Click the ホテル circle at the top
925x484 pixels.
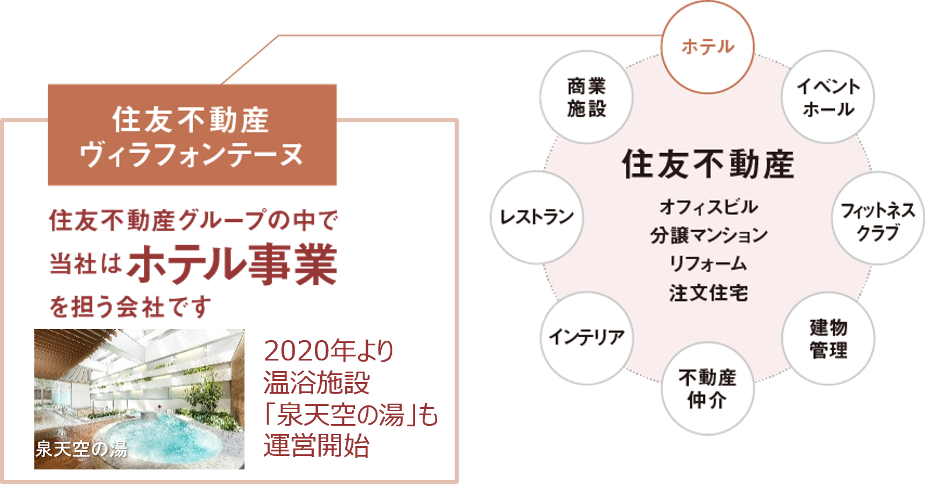click(707, 47)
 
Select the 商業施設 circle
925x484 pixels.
click(586, 97)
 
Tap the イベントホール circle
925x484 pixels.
click(828, 97)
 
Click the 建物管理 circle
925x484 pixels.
click(828, 339)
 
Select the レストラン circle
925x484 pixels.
click(536, 217)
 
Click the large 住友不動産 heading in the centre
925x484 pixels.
click(708, 164)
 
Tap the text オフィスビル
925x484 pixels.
click(708, 207)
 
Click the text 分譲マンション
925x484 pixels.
click(708, 235)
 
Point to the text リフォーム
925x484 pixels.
click(708, 264)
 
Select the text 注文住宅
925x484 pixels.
click(708, 292)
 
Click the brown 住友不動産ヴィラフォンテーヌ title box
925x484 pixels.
click(192, 135)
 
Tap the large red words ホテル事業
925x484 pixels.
click(233, 265)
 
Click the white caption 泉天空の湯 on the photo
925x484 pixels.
click(81, 449)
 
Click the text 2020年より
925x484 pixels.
click(329, 351)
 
